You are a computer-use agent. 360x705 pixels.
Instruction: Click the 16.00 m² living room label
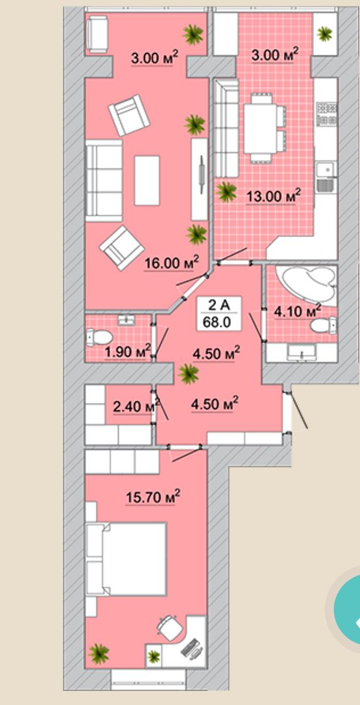click(172, 262)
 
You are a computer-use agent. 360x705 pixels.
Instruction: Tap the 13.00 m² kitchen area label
click(273, 196)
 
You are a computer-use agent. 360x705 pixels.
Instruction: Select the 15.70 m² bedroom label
click(153, 497)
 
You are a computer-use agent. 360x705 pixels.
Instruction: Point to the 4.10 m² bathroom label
click(297, 311)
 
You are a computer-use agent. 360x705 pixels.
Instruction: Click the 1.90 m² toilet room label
click(128, 351)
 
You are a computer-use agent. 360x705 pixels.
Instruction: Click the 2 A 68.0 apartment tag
click(219, 314)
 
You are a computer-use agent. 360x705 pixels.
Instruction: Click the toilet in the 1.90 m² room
click(99, 337)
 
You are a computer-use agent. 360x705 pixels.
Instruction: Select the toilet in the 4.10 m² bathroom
click(323, 325)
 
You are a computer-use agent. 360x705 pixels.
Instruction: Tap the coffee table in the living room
click(147, 180)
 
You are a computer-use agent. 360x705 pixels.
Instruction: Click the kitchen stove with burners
click(327, 113)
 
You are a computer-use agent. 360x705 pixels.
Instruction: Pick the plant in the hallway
click(189, 374)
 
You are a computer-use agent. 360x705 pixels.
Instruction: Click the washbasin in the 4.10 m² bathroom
click(302, 352)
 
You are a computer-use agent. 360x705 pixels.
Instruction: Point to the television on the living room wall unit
click(202, 174)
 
